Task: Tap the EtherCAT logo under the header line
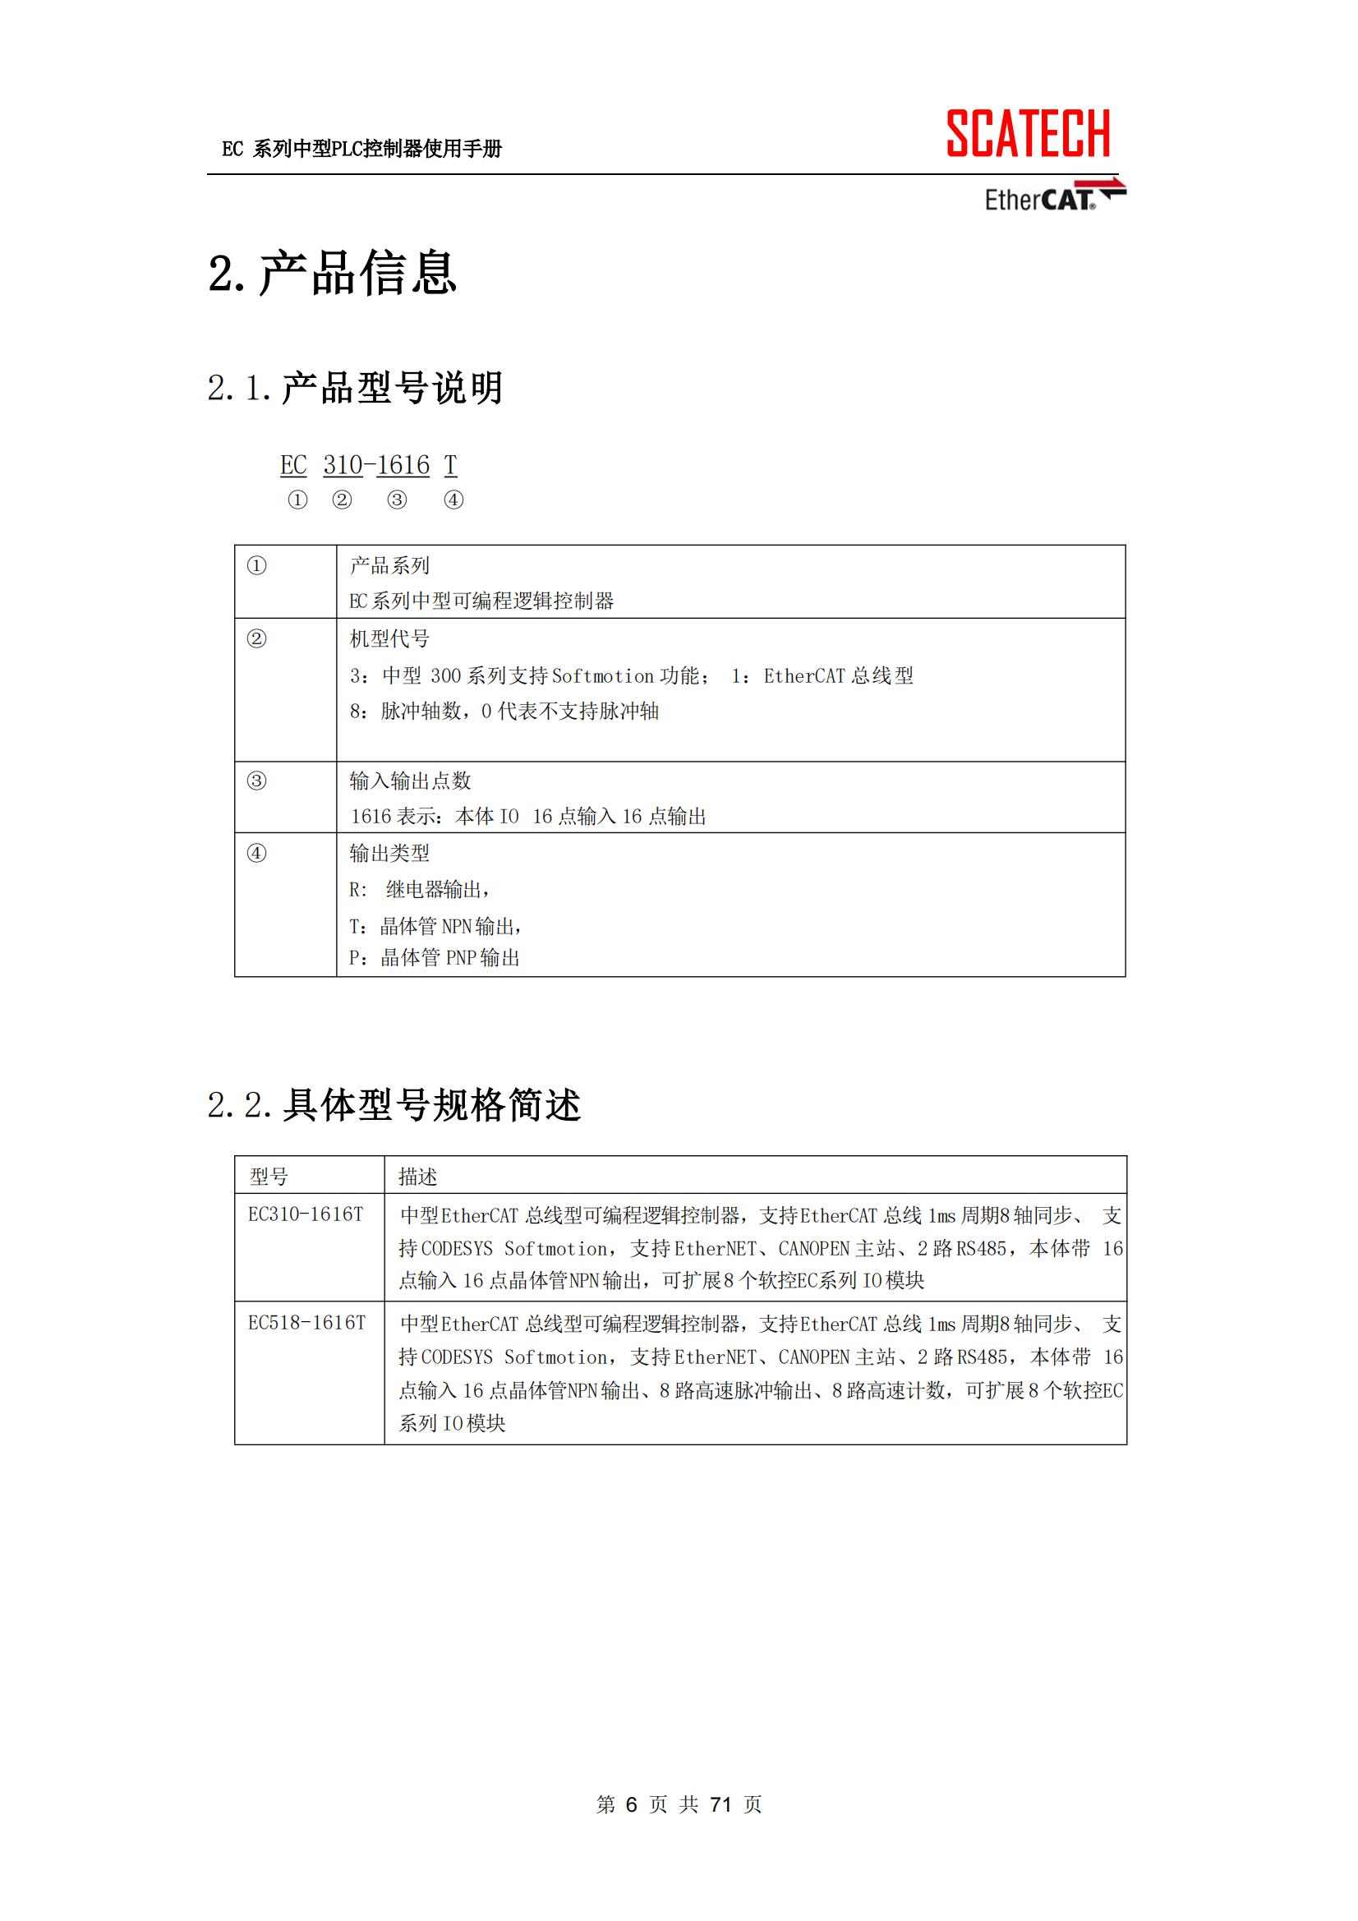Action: point(1053,196)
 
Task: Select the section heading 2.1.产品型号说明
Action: point(355,388)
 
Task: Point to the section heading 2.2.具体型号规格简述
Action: point(394,1105)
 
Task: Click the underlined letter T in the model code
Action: point(450,465)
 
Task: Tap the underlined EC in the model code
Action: point(293,465)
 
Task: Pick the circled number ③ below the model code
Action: point(397,500)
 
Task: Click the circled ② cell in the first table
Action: point(257,639)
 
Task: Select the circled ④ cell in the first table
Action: point(257,854)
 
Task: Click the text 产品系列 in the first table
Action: point(389,565)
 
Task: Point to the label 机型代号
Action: point(389,639)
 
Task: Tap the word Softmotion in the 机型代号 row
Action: point(602,676)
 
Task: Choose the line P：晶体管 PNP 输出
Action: point(435,958)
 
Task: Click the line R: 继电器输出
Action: point(419,889)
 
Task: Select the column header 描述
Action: point(417,1177)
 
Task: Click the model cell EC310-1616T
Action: point(306,1215)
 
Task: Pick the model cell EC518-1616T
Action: point(306,1323)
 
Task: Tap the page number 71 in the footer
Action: point(720,1804)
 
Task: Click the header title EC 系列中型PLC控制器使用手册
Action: point(361,149)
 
